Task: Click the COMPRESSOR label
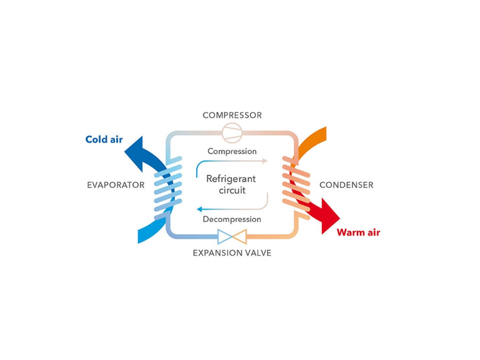pos(232,116)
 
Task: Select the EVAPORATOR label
pos(116,185)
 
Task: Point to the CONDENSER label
pos(346,185)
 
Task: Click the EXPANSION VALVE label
pos(232,253)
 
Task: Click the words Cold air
pos(104,139)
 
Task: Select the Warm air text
pos(358,232)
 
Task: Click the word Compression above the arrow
pos(232,151)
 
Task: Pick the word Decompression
pos(232,219)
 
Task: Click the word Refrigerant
pos(231,179)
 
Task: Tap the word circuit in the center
pos(232,190)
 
